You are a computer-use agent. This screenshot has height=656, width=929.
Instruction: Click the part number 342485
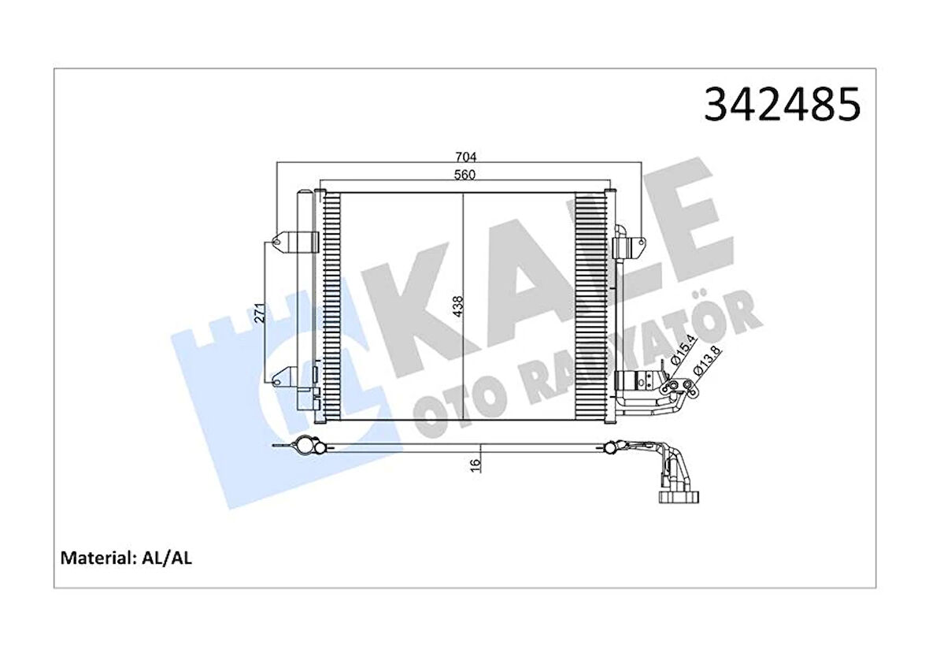coord(782,106)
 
